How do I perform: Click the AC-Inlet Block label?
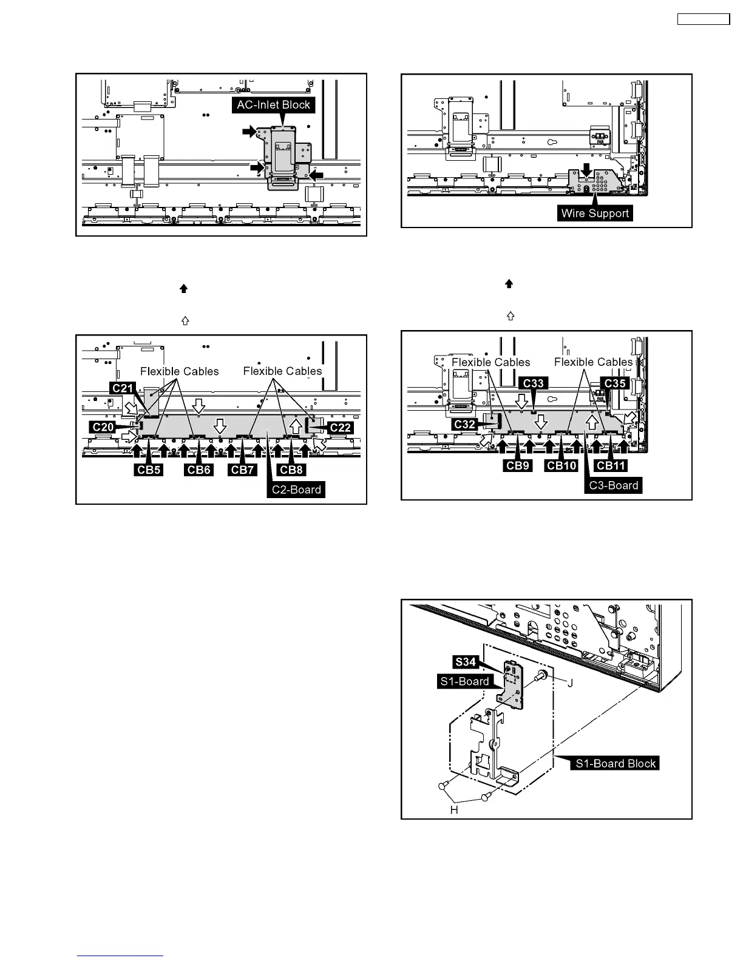(273, 105)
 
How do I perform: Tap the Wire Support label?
(595, 214)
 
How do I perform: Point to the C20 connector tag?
(103, 427)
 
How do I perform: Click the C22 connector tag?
(341, 427)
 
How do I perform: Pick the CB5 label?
(149, 470)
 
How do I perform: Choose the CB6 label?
(198, 470)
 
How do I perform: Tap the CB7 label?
(243, 470)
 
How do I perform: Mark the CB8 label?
(291, 470)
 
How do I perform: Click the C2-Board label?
(296, 490)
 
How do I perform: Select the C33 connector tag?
(534, 383)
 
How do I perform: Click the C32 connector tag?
(464, 425)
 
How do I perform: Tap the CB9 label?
(518, 465)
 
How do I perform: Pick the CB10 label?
(561, 465)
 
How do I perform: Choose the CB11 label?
(611, 465)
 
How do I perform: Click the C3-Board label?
(614, 485)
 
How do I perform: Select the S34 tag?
(465, 662)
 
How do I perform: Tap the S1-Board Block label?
(616, 763)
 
